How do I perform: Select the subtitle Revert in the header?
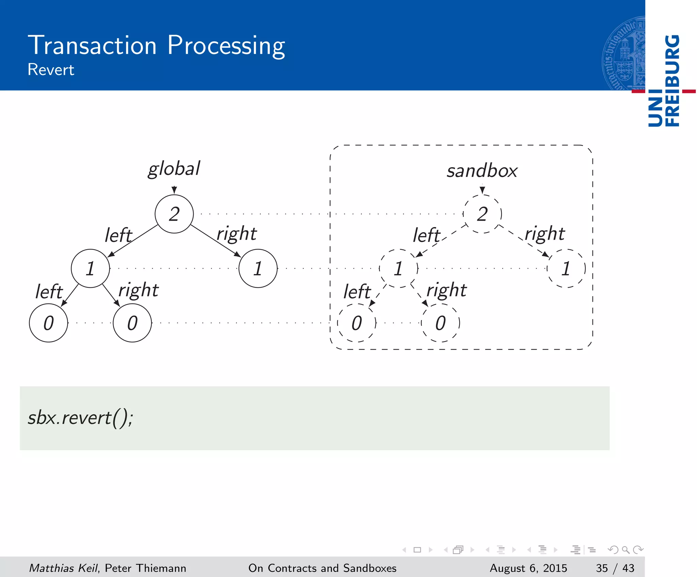tap(51, 70)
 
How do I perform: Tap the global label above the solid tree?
tap(174, 169)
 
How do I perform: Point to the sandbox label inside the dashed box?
tap(482, 171)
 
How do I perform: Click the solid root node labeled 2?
tap(174, 214)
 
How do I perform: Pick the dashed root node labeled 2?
tap(482, 214)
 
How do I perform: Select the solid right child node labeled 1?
tap(258, 269)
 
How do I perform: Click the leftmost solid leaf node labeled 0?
tap(49, 323)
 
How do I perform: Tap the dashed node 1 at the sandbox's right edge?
tap(566, 269)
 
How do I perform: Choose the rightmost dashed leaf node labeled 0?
tap(440, 323)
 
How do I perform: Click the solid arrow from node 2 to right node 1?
tap(215, 241)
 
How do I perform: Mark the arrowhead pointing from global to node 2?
tap(174, 190)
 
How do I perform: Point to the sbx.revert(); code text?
tap(80, 418)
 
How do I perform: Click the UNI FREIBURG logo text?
tap(664, 81)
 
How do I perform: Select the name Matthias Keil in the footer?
tap(63, 568)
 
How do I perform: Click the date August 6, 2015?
tap(528, 568)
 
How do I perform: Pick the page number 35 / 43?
tap(615, 568)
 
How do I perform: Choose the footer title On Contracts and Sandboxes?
tap(322, 568)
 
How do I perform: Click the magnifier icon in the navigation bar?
tap(626, 550)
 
